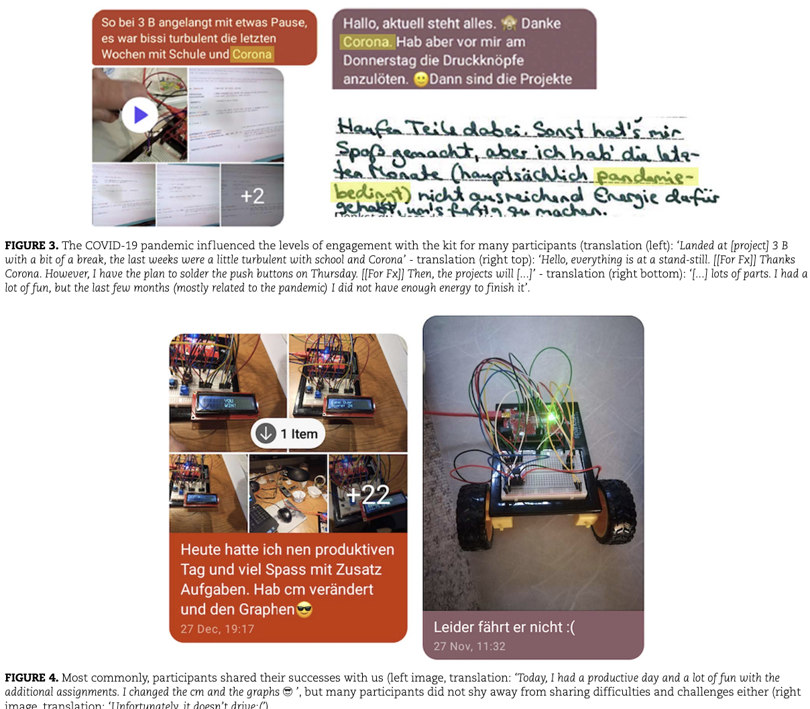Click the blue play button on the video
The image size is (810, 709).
[x=139, y=115]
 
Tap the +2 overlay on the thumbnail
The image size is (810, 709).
[x=252, y=196]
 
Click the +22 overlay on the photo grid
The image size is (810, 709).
[x=367, y=495]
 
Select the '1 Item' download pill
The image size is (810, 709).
[x=288, y=434]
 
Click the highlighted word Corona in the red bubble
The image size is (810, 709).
[x=252, y=54]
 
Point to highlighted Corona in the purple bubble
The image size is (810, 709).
[x=366, y=42]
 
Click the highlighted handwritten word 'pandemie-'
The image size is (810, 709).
[x=646, y=176]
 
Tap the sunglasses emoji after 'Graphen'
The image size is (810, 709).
[x=304, y=609]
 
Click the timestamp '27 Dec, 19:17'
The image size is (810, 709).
[x=217, y=629]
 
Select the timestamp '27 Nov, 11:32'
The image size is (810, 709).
[x=469, y=646]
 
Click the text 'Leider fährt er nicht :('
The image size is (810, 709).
[x=504, y=627]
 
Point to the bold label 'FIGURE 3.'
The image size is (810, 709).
[x=32, y=246]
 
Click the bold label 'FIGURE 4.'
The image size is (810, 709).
[x=32, y=678]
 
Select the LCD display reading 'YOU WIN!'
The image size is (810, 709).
[x=229, y=403]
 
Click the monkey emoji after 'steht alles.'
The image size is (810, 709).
[x=509, y=23]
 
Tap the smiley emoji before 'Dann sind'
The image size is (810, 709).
[x=420, y=79]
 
